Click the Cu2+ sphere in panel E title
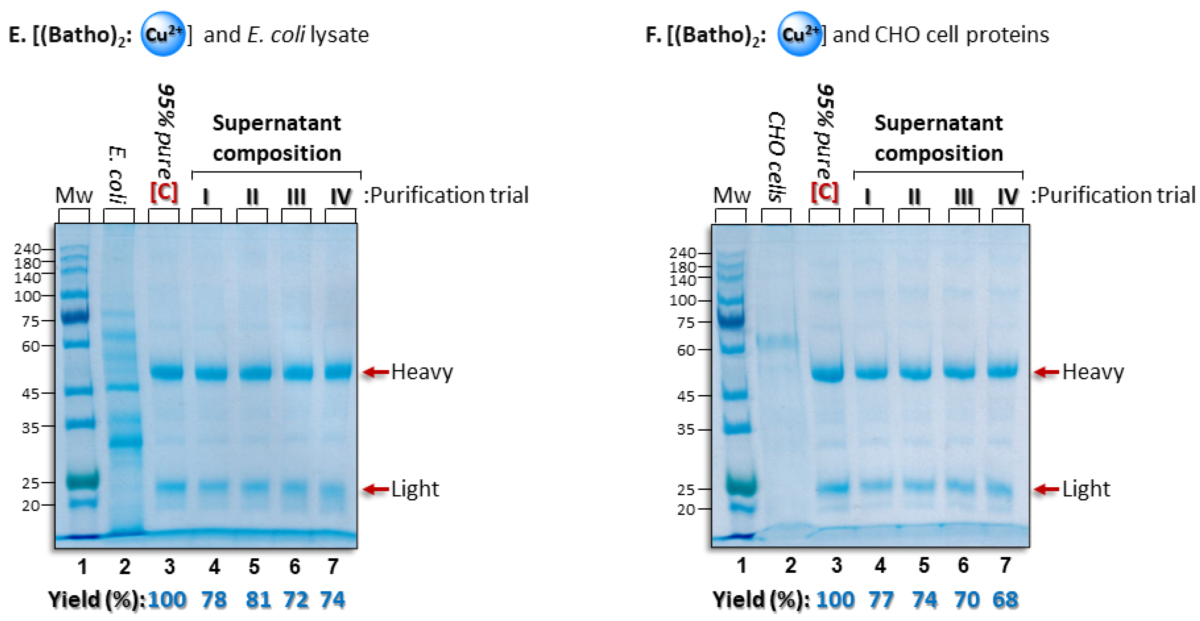point(163,34)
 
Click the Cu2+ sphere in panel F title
point(800,34)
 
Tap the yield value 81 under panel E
point(258,599)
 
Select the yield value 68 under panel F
point(1005,599)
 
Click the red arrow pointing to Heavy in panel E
point(376,372)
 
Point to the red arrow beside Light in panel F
point(1046,489)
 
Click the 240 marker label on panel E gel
point(27,249)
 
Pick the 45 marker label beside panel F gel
point(685,397)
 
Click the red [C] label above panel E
point(164,192)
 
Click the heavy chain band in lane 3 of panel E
point(166,372)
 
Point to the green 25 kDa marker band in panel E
point(82,480)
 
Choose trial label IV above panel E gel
point(340,197)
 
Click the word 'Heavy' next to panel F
point(1093,372)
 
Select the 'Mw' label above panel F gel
point(731,195)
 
